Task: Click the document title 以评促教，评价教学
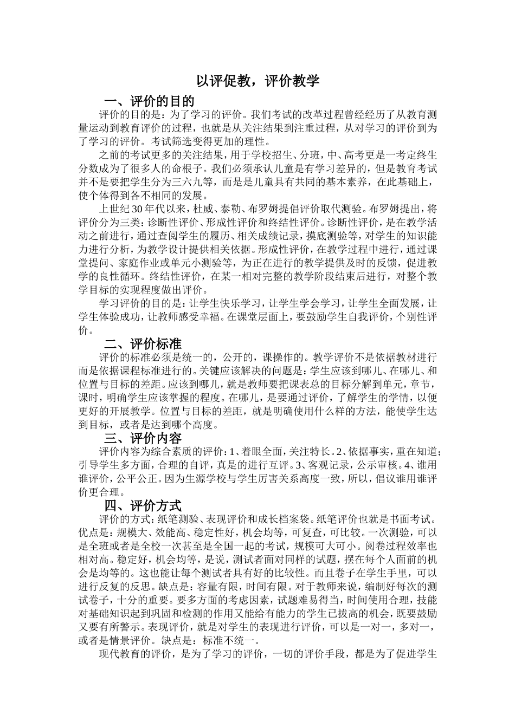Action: coord(257,81)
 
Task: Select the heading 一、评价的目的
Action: coord(149,101)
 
